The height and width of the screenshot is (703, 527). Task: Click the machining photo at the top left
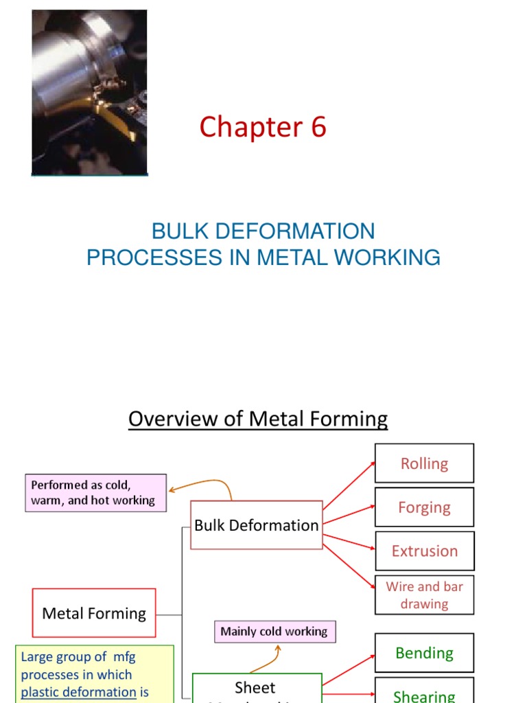tap(89, 92)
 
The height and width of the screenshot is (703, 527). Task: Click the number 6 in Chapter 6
tap(318, 128)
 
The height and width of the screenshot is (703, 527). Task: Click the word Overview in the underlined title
tap(174, 419)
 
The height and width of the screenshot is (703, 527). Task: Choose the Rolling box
tap(424, 463)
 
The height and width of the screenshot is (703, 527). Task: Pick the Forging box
tap(424, 507)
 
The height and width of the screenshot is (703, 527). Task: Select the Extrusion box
tap(424, 551)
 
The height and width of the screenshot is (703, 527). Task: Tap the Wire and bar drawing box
tap(424, 595)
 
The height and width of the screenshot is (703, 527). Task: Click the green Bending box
tap(424, 653)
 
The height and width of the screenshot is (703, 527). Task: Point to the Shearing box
tap(424, 693)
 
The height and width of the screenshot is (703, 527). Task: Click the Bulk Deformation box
tap(257, 525)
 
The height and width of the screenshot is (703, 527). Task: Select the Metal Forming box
tap(94, 613)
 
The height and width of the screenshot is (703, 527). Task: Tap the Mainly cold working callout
tap(274, 632)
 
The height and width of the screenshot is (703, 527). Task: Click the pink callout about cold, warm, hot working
tap(95, 492)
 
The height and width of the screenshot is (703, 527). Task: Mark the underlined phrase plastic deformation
tap(79, 692)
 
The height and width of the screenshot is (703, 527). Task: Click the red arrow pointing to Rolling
tap(349, 485)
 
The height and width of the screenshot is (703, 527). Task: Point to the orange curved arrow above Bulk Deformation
tap(206, 485)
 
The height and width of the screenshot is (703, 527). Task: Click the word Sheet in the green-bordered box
tap(255, 688)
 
